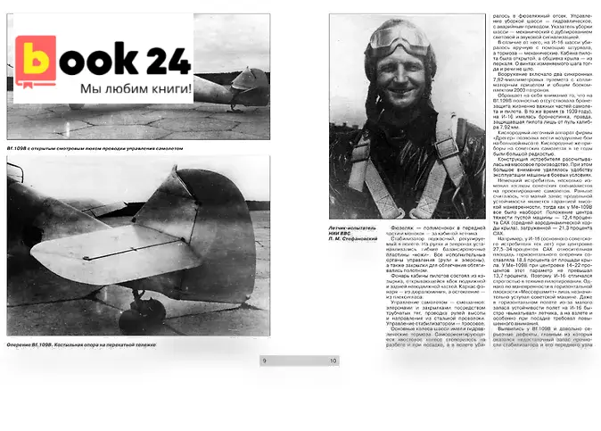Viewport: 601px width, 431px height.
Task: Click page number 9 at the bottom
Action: (x=265, y=361)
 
